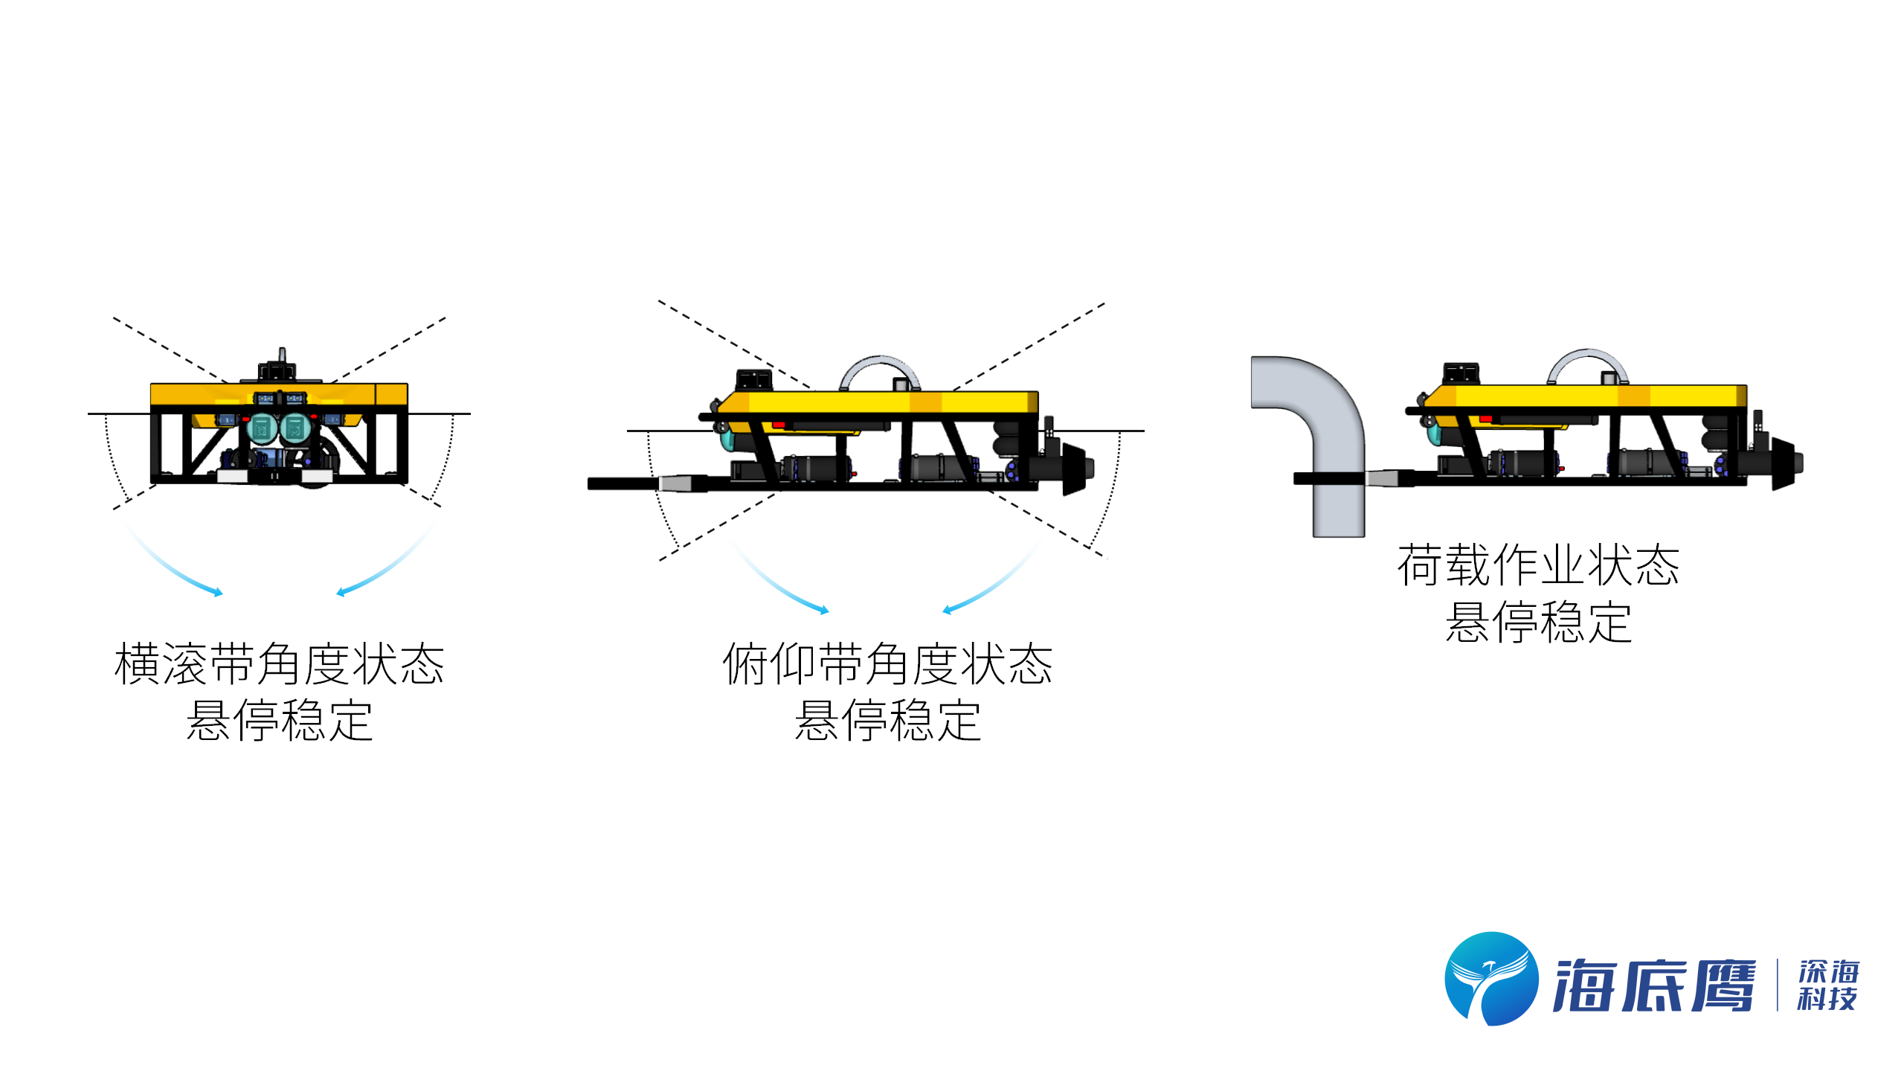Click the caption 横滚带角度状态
(279, 663)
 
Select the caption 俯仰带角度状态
(887, 663)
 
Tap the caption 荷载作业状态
(1538, 565)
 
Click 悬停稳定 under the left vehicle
(279, 720)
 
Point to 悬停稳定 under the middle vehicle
(887, 720)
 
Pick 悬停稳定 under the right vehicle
(1538, 622)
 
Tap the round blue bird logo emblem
(1491, 979)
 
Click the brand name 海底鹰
(1654, 985)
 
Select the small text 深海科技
(1828, 985)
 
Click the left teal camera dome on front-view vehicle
(262, 429)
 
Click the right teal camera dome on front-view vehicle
(295, 429)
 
